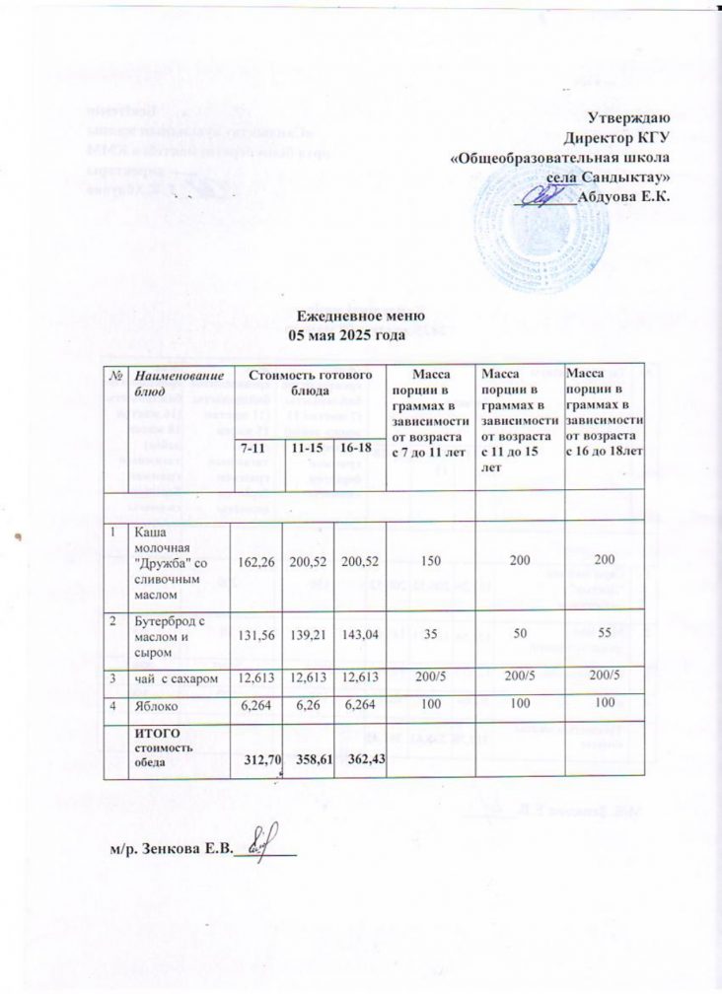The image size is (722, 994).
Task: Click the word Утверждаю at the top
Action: click(633, 118)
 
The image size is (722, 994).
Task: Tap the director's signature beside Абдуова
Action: click(545, 195)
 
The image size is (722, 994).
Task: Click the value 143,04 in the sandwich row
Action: click(356, 635)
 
